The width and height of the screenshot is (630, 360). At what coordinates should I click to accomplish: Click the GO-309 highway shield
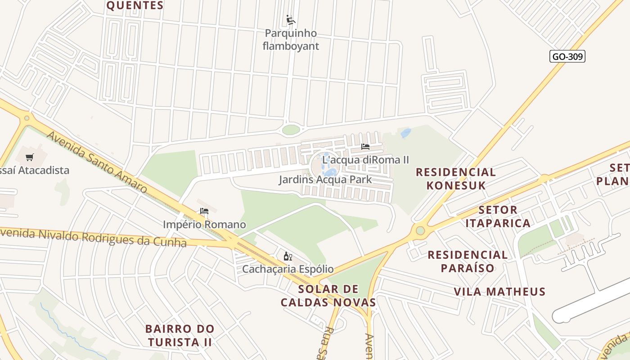567,56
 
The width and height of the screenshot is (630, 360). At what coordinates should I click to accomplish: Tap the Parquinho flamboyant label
291,40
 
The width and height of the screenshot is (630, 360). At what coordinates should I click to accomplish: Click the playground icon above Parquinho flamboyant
291,20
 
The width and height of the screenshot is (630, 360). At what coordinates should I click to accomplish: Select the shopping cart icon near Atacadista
30,157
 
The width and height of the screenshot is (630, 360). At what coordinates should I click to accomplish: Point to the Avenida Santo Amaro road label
97,162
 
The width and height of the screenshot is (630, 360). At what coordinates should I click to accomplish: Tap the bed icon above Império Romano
204,211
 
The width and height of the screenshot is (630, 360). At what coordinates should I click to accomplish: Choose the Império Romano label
204,224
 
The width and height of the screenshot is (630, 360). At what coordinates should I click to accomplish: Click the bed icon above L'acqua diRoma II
365,147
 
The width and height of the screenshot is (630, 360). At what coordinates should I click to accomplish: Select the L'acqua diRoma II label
365,160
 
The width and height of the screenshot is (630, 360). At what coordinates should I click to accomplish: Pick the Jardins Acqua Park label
325,180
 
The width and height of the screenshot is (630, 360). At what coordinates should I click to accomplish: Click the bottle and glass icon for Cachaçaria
288,256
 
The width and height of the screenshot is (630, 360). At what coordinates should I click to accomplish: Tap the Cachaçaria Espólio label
288,269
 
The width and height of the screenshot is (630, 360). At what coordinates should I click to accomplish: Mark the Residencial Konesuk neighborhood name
455,179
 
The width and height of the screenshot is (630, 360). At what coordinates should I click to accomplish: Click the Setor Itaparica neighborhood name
498,216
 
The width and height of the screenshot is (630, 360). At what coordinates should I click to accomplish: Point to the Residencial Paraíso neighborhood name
468,261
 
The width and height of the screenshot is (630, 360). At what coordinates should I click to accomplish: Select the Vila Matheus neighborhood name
499,292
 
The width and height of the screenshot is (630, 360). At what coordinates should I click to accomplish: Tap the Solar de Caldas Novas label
328,296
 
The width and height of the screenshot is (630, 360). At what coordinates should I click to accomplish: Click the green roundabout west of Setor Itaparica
420,231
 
